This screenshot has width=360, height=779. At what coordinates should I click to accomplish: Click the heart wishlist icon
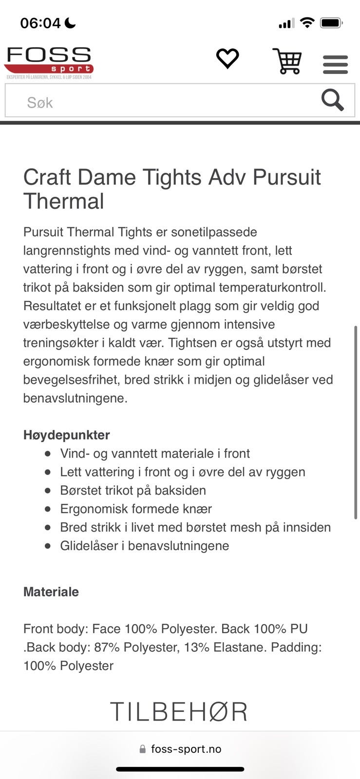[x=227, y=59]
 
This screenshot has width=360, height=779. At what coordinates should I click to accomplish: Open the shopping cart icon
[x=287, y=61]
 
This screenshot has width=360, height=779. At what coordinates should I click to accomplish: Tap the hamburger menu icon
[x=335, y=64]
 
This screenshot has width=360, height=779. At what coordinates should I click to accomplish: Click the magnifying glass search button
[x=333, y=100]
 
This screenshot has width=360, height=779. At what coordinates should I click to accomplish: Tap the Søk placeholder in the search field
[x=40, y=102]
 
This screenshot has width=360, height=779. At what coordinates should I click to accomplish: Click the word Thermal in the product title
[x=64, y=201]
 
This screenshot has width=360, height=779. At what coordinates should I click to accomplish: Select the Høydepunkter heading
[x=67, y=435]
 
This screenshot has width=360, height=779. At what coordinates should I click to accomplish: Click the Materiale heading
[x=51, y=592]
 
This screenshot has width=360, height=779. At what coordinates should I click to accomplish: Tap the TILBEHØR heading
[x=179, y=712]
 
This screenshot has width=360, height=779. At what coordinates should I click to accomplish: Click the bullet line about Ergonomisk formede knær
[x=136, y=509]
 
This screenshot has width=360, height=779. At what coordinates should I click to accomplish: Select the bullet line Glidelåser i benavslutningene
[x=145, y=546]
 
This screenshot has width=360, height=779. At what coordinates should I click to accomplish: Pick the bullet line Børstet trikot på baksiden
[x=133, y=490]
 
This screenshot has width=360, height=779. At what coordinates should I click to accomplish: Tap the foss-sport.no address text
[x=186, y=749]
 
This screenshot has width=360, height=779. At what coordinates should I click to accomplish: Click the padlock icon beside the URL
[x=143, y=749]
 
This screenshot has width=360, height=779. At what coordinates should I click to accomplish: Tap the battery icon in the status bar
[x=331, y=23]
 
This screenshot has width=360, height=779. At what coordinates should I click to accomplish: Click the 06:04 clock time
[x=40, y=23]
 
